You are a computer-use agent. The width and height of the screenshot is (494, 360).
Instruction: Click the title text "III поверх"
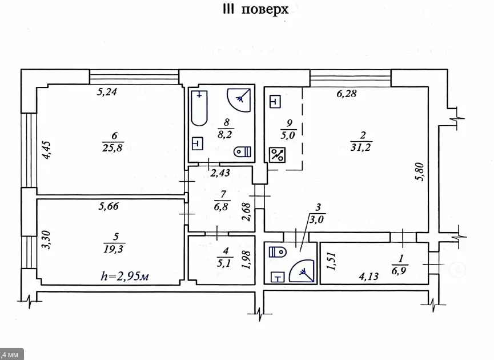(255, 9)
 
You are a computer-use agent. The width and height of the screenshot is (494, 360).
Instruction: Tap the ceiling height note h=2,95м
(124, 276)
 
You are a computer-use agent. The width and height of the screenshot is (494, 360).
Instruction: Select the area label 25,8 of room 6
(113, 147)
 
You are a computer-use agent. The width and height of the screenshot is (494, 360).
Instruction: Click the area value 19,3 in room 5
(114, 249)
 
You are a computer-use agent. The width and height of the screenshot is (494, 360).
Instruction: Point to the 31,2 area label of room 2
(361, 147)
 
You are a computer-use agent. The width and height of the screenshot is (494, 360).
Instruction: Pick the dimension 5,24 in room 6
(107, 92)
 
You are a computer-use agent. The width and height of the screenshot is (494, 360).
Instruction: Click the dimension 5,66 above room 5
(109, 206)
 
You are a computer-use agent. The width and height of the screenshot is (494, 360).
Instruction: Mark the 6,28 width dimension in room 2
(347, 94)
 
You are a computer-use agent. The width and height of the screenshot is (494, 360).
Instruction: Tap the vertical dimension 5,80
(420, 171)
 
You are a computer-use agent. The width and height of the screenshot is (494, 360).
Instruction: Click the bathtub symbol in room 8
(199, 108)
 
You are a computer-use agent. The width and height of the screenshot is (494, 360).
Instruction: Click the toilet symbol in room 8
(242, 151)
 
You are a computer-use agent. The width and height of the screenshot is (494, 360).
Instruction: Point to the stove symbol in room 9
(277, 155)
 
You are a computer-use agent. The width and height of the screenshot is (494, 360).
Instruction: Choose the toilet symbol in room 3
(278, 252)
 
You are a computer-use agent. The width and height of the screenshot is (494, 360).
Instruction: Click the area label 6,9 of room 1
(399, 271)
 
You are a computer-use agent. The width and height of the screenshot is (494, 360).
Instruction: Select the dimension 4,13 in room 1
(368, 277)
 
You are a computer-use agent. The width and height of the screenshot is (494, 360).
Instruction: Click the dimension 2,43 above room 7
(220, 173)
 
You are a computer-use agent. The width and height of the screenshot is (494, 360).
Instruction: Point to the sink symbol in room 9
(275, 102)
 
